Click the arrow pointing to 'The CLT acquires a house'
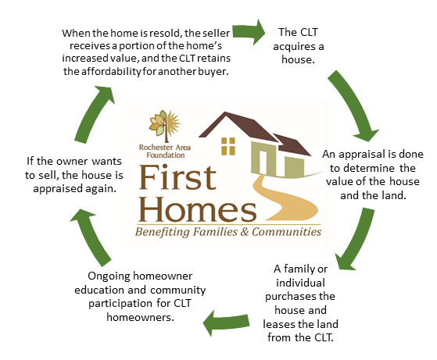[249, 32]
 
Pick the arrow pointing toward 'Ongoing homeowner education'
[226, 323]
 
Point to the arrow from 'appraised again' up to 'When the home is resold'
[94, 115]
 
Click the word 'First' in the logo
[177, 177]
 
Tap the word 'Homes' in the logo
[197, 209]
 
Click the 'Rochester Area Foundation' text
[165, 151]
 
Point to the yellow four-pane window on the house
[228, 146]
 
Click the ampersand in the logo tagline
[245, 232]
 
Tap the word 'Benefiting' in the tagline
[162, 232]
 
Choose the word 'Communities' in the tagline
[286, 232]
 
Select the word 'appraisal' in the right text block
[360, 155]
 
